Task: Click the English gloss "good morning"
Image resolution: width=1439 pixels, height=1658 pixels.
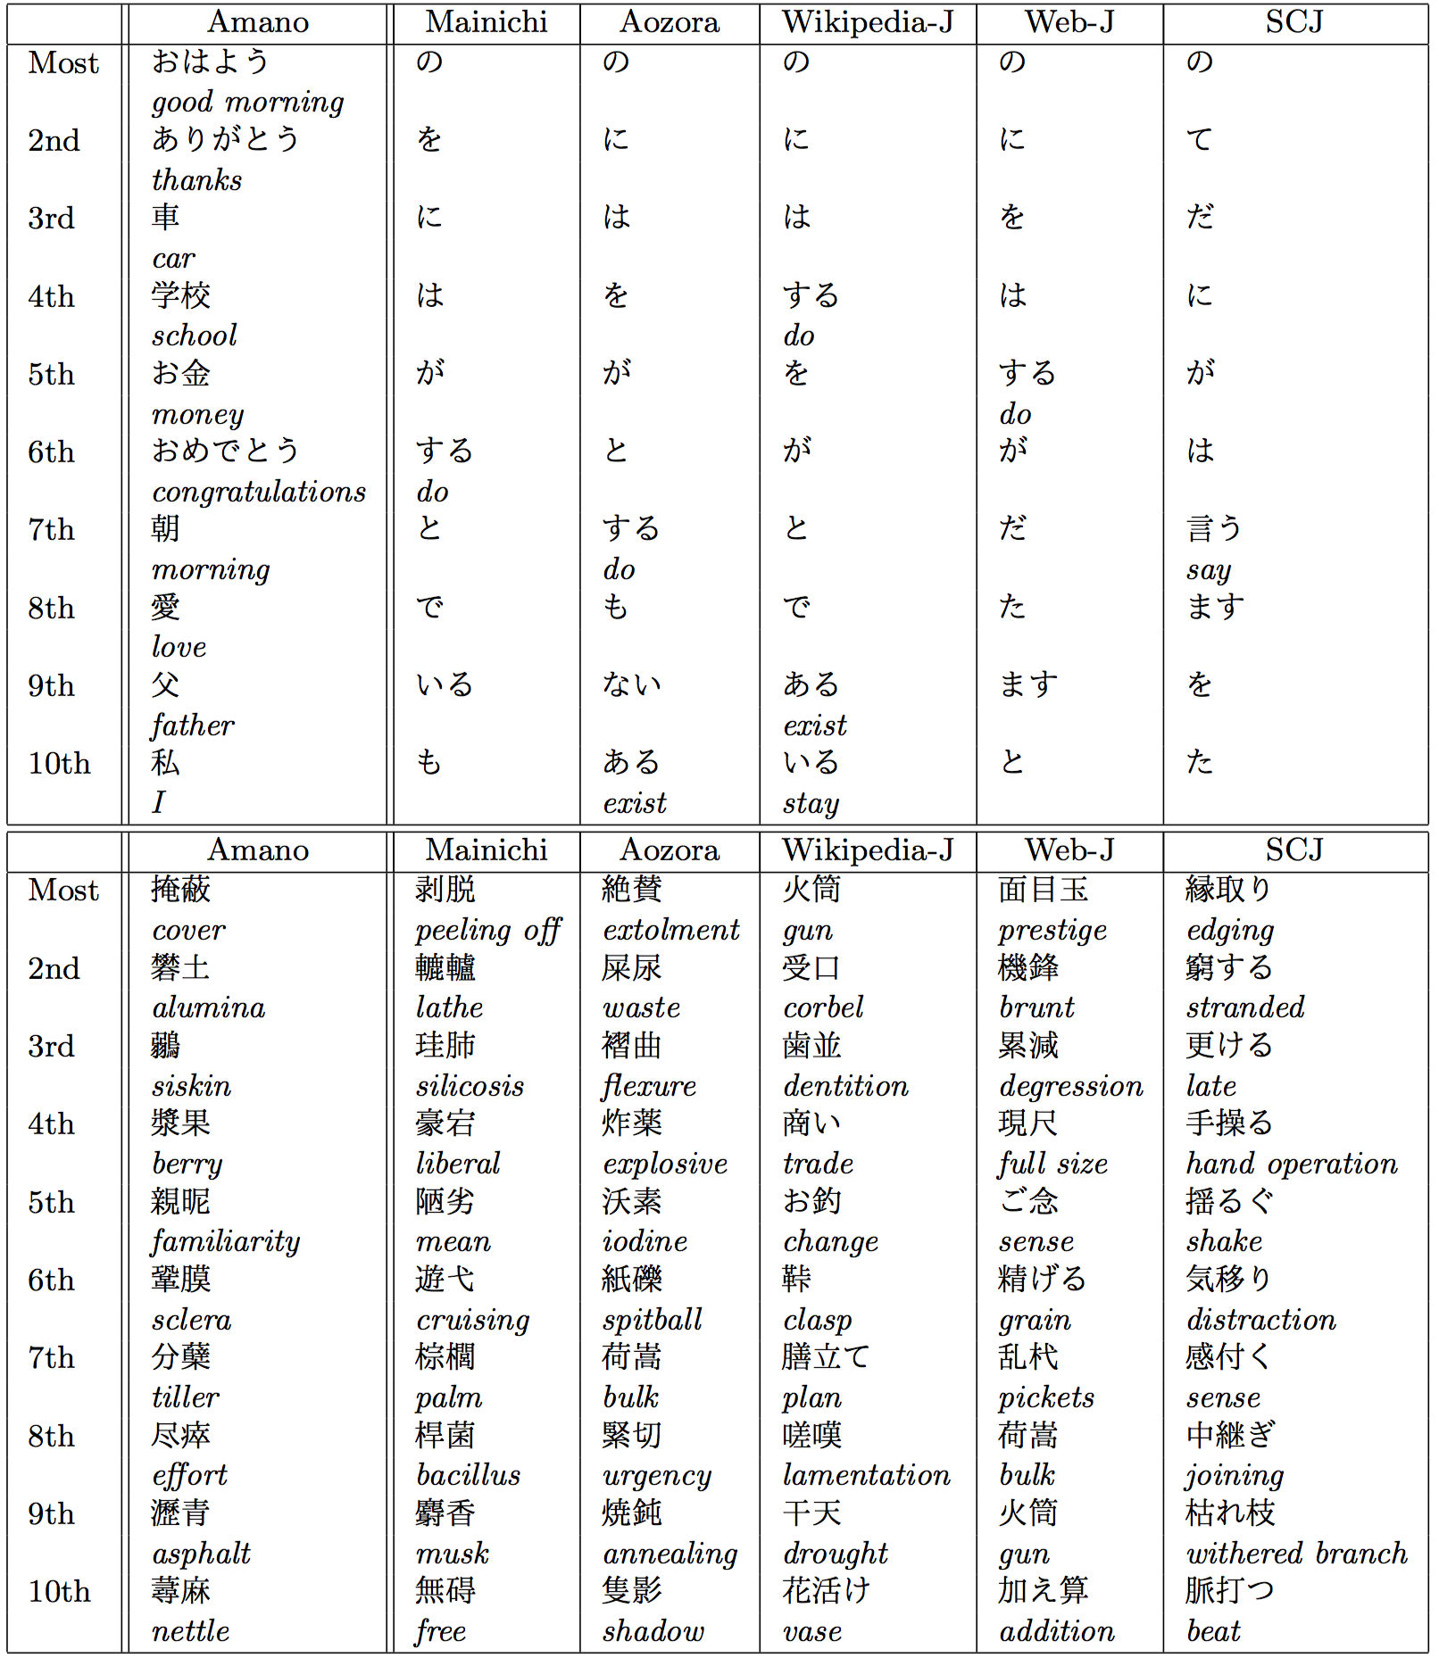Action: click(x=247, y=103)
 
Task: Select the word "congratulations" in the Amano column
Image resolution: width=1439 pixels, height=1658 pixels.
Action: click(x=259, y=492)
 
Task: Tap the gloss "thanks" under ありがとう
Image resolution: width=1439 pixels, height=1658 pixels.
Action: click(x=196, y=180)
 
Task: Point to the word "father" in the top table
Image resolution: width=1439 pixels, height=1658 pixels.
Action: click(x=193, y=725)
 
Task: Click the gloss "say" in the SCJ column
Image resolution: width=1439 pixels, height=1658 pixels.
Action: click(x=1209, y=570)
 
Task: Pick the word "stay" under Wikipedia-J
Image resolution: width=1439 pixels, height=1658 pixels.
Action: click(x=811, y=804)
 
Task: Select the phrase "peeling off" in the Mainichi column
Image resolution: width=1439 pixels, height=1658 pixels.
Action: click(x=487, y=931)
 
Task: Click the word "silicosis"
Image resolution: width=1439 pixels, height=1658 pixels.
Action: click(x=470, y=1086)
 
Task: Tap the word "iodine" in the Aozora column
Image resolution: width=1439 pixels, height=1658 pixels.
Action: click(x=645, y=1241)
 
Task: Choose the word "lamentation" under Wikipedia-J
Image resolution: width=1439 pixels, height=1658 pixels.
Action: click(x=866, y=1475)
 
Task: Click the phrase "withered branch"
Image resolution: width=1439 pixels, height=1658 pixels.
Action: click(x=1296, y=1554)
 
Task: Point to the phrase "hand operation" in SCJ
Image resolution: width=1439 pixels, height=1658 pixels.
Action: click(x=1291, y=1164)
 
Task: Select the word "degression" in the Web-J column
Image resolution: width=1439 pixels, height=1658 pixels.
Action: click(x=1070, y=1086)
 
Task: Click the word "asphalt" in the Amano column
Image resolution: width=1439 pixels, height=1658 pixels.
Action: click(x=201, y=1554)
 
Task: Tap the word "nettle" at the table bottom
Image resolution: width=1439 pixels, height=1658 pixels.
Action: click(x=190, y=1631)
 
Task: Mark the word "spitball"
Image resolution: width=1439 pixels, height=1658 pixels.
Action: click(x=652, y=1320)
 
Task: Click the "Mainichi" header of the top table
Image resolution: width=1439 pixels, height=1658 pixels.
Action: click(x=487, y=22)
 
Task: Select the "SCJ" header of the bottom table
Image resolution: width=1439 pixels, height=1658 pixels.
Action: click(x=1293, y=850)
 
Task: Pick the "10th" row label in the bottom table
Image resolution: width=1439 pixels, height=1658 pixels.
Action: click(x=59, y=1592)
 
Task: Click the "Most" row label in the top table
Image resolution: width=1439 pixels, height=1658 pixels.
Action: click(x=62, y=63)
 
